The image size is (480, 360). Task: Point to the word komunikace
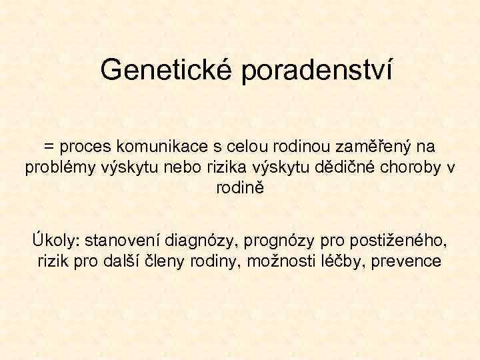(160, 145)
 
